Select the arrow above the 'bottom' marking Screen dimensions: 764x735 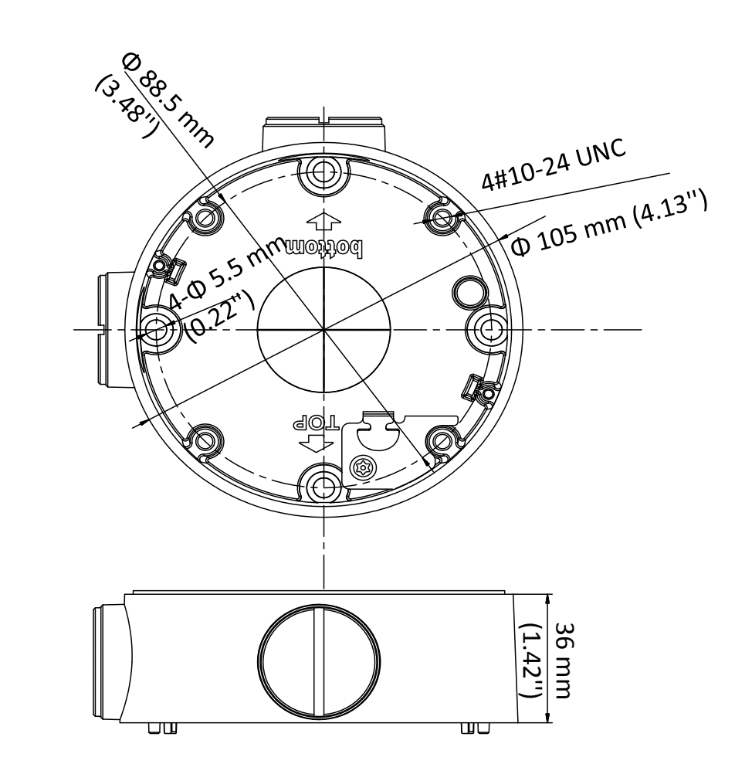323,222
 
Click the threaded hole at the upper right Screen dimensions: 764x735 442,219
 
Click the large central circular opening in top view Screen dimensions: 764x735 323,331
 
